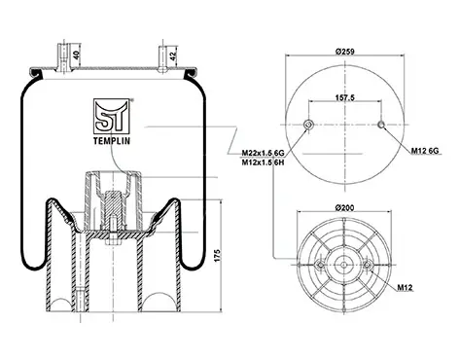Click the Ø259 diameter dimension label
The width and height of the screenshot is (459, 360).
point(345,52)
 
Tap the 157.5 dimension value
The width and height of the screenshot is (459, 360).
point(345,97)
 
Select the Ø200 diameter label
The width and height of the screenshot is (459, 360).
point(345,207)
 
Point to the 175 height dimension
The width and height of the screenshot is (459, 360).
point(217,256)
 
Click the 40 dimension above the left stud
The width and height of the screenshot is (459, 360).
point(76,54)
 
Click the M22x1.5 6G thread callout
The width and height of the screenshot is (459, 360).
point(263,153)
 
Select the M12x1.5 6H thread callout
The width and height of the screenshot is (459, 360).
point(263,162)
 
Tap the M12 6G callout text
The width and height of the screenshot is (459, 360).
point(425,151)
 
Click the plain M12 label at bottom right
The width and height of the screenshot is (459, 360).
point(405,287)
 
